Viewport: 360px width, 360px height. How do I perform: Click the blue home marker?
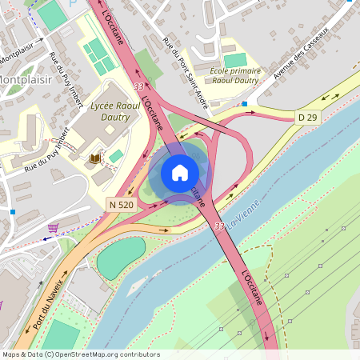point(180,173)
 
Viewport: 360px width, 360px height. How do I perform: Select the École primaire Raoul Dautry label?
point(234,77)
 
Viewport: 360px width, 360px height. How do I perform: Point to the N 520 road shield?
point(120,205)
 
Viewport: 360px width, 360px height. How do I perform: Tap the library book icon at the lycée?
point(94,158)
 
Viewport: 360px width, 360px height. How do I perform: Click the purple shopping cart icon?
point(53,227)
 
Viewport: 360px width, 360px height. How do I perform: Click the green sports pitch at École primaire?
point(234,61)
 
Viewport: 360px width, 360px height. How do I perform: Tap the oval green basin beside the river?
point(121,257)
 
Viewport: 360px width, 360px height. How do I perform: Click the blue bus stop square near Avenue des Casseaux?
point(244,103)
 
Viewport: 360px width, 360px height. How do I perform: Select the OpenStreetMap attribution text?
point(80,354)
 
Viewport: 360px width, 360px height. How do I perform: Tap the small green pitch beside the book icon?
point(117,155)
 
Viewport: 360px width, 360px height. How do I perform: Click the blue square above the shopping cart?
point(13,211)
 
